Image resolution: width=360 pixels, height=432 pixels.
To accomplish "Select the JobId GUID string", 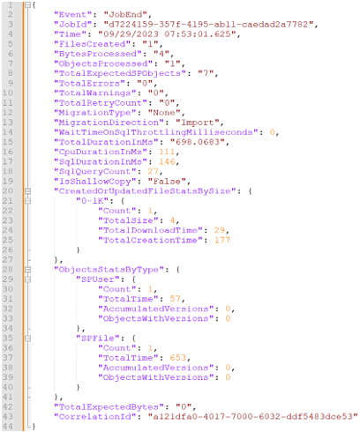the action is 208,24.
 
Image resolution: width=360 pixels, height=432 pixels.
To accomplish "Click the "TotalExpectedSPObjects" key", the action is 120,73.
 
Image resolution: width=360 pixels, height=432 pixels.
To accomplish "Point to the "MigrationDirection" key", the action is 109,123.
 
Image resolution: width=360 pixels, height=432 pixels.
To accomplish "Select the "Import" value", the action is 198,123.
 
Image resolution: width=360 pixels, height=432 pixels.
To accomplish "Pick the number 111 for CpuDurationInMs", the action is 167,152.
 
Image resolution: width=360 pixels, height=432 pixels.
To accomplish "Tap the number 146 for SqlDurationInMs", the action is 167,161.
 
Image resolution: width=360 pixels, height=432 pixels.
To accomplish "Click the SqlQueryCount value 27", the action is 153,171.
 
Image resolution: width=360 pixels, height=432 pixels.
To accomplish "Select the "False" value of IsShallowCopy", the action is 167,182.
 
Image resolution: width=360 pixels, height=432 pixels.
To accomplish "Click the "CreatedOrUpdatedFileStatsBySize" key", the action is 145,191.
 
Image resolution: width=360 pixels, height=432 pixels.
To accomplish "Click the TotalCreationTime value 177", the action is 222,240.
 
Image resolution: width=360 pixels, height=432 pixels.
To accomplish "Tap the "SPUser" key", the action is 98,279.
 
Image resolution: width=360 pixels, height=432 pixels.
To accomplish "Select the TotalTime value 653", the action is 178,358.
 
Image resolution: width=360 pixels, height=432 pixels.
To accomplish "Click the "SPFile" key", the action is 98,338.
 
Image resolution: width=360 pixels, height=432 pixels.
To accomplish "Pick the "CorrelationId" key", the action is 95,416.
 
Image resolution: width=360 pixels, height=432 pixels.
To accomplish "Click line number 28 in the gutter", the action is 8,270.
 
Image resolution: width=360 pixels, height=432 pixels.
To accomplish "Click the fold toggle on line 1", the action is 27,5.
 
